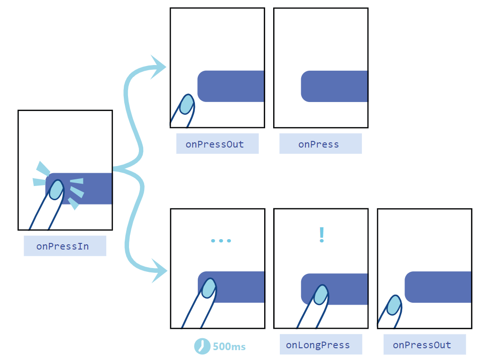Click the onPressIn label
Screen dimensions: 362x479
65,246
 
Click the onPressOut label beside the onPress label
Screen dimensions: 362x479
217,144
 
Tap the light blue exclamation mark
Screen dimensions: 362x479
322,235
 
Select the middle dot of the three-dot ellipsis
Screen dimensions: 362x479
221,241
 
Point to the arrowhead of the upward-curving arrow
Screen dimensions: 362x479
158,66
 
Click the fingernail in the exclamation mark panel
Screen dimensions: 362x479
321,294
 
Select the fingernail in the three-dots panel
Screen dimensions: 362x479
209,288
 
